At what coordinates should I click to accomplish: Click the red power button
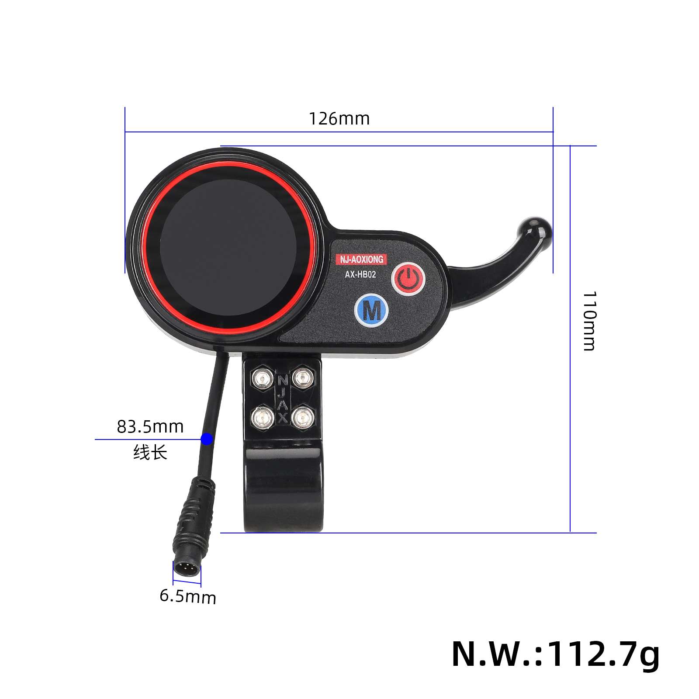pyautogui.click(x=408, y=279)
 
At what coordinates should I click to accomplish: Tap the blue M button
pyautogui.click(x=371, y=311)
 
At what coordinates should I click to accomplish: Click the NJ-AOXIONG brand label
pyautogui.click(x=362, y=260)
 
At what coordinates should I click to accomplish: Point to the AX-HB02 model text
pyautogui.click(x=360, y=274)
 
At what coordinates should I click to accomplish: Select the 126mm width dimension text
pyautogui.click(x=339, y=119)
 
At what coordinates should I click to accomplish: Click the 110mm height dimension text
pyautogui.click(x=589, y=321)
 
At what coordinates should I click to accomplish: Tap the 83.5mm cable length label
pyautogui.click(x=150, y=427)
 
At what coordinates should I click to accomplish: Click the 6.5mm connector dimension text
pyautogui.click(x=188, y=596)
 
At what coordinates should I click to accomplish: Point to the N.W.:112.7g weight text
pyautogui.click(x=555, y=654)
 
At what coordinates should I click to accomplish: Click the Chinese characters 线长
pyautogui.click(x=150, y=452)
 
